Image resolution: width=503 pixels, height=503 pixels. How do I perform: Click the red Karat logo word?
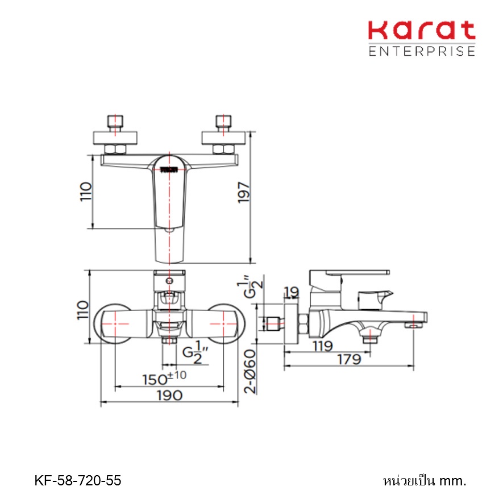tap(422, 30)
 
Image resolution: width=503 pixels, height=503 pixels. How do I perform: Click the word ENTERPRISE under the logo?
tap(422, 51)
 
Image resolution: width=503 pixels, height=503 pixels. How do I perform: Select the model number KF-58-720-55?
tap(78, 480)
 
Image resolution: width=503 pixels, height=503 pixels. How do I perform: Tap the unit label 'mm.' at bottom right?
tap(452, 481)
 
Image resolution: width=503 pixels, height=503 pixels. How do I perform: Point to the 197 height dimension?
tap(243, 193)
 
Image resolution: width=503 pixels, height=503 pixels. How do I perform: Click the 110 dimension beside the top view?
tap(86, 192)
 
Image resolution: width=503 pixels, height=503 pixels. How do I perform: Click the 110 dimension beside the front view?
tap(83, 310)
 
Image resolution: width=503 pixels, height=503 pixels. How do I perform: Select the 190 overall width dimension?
tap(170, 395)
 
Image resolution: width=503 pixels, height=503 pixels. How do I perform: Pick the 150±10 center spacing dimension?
tap(164, 378)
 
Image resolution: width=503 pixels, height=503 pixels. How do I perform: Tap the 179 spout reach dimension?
tap(350, 359)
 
